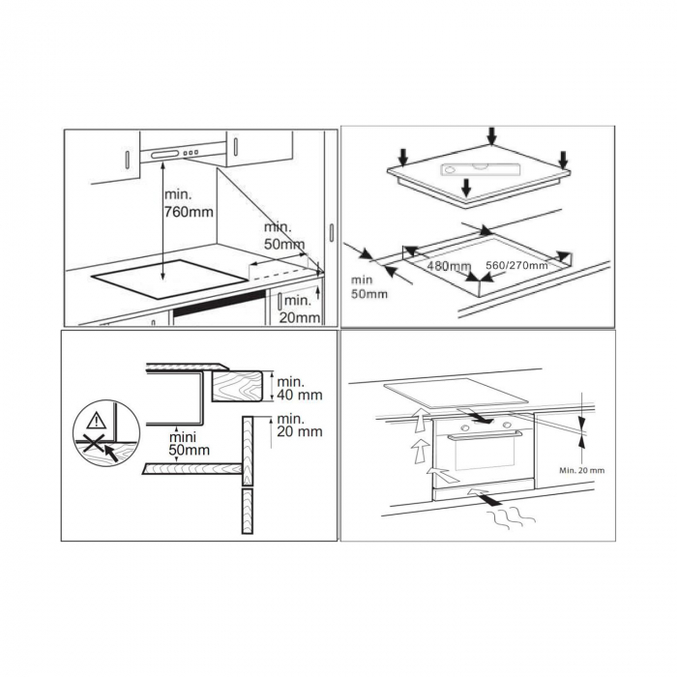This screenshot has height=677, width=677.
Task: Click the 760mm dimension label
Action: tap(189, 203)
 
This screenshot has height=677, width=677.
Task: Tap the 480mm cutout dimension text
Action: tap(449, 266)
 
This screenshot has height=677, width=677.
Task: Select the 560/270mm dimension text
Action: tap(516, 265)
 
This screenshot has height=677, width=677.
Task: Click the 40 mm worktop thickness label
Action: tap(299, 389)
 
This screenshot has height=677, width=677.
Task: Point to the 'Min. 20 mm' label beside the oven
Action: tap(582, 470)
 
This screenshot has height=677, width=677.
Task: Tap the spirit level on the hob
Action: tap(480, 169)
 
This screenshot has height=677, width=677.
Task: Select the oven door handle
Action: tap(484, 435)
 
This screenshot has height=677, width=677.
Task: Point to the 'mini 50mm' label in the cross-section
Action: tap(190, 444)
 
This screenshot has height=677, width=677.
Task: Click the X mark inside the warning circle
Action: tap(94, 444)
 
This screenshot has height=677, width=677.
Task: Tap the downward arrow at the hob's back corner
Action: tap(491, 135)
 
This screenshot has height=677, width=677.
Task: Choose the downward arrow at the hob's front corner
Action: tap(465, 188)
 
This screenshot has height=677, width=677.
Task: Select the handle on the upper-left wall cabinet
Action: tap(128, 160)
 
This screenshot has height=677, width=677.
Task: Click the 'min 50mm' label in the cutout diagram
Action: tap(369, 287)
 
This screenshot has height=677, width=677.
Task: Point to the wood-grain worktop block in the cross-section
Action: tap(237, 387)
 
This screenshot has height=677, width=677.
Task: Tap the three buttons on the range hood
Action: tap(191, 153)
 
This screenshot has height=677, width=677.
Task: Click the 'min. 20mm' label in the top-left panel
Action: tap(300, 309)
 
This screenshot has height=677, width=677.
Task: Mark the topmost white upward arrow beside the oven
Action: tap(418, 421)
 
